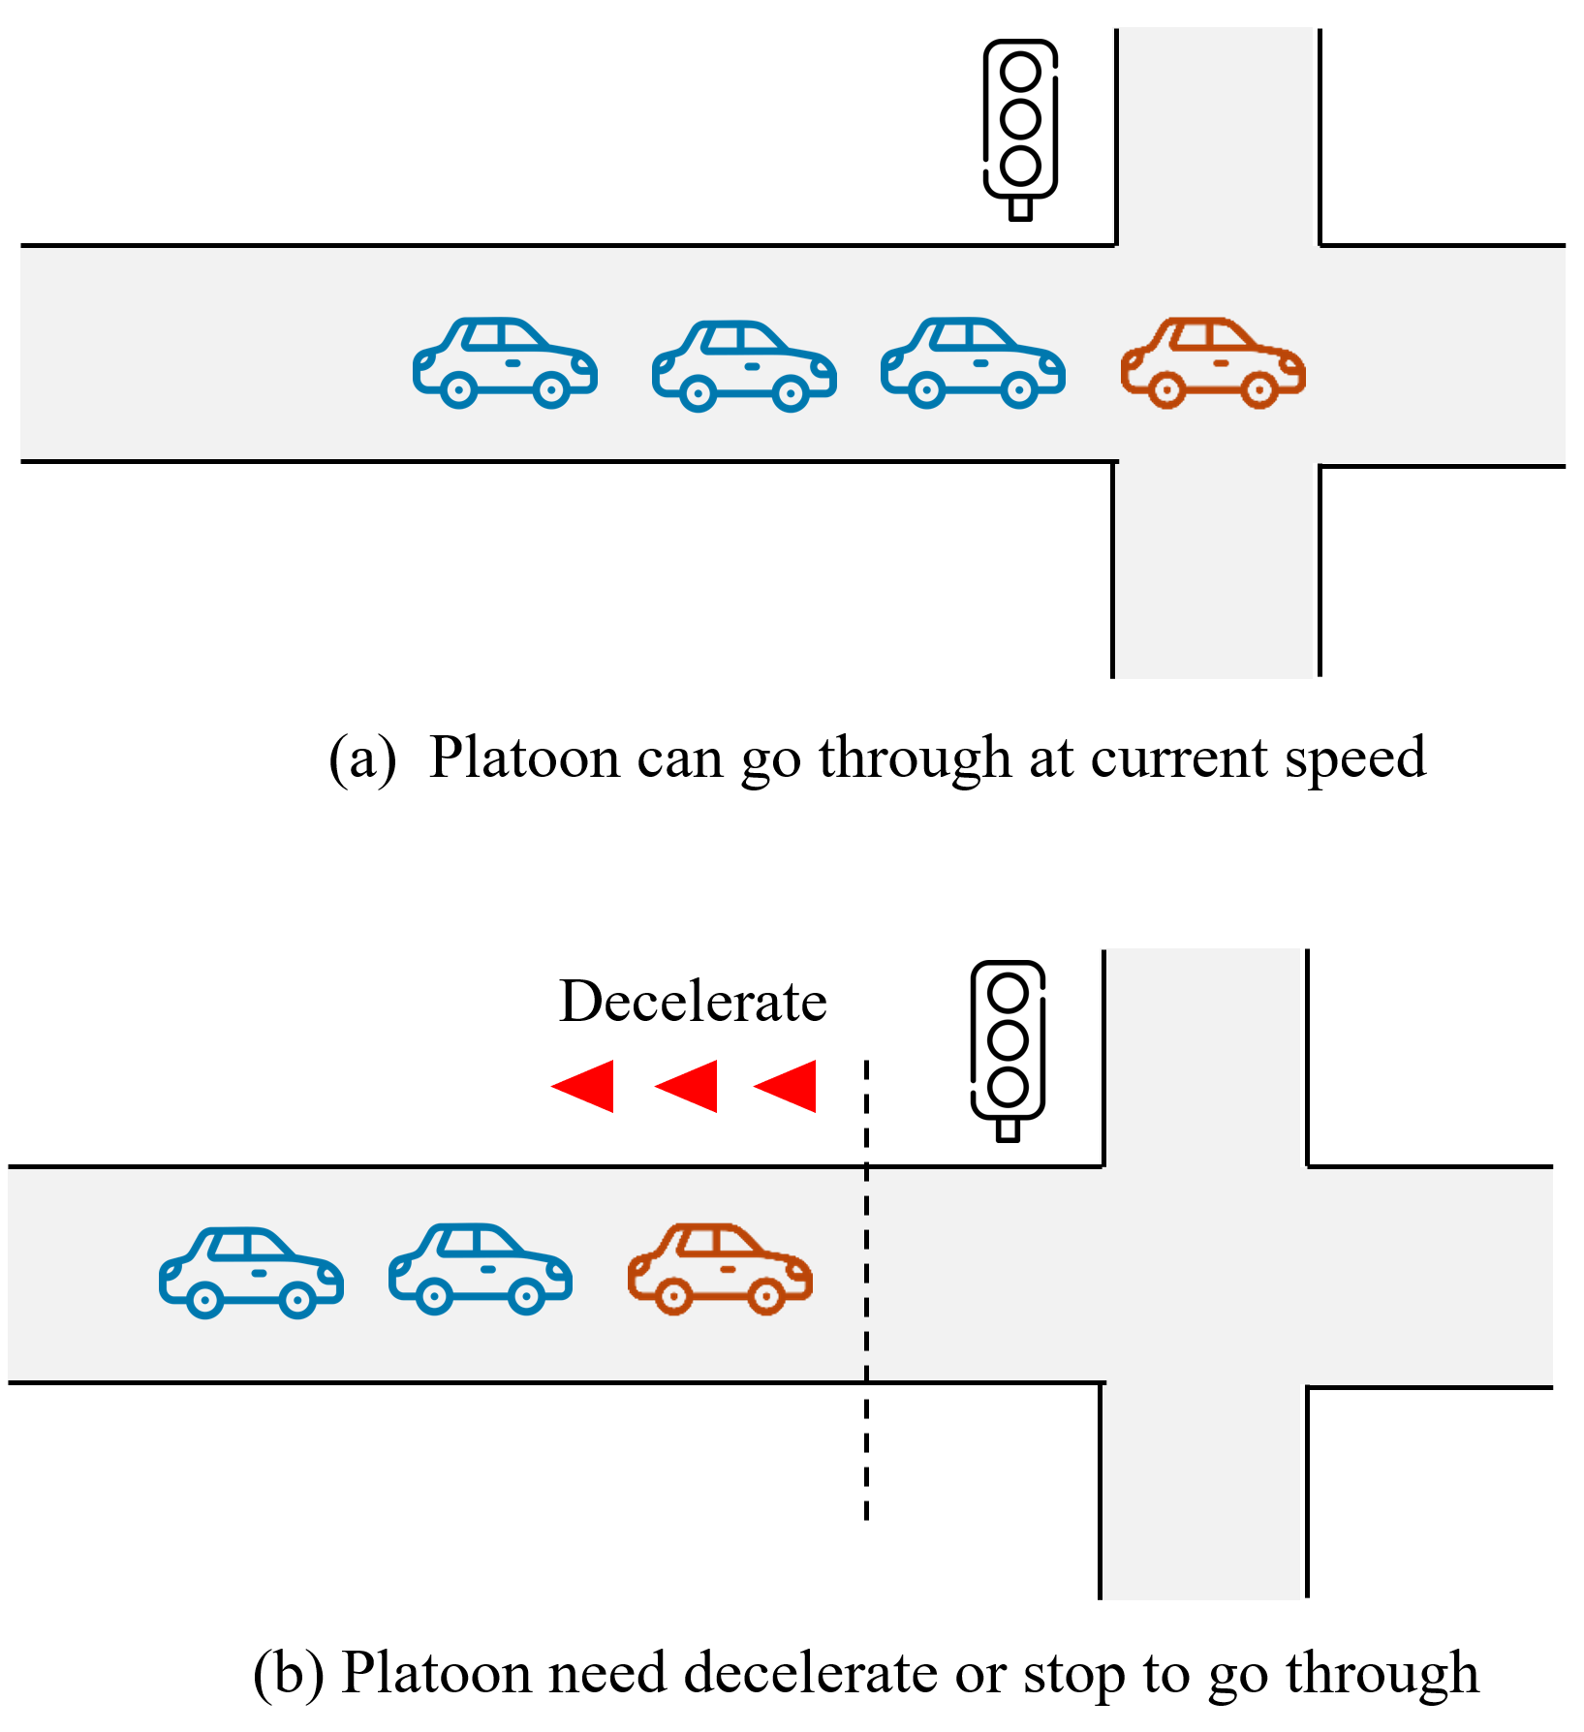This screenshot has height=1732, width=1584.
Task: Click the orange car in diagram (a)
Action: (x=1213, y=363)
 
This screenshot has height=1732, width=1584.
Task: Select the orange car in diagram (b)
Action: (x=720, y=1269)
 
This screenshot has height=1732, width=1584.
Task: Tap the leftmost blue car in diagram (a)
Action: (x=505, y=363)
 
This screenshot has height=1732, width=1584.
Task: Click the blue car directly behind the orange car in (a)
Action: (x=973, y=363)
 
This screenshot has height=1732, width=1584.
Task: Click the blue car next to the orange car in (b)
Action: (x=481, y=1269)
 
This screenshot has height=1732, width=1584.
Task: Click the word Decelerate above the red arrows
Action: (x=693, y=1002)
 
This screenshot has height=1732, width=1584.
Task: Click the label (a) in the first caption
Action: (x=362, y=758)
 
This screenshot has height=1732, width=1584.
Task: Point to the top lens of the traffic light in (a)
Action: (x=1021, y=72)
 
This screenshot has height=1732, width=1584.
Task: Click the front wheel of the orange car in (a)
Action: (x=1258, y=390)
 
